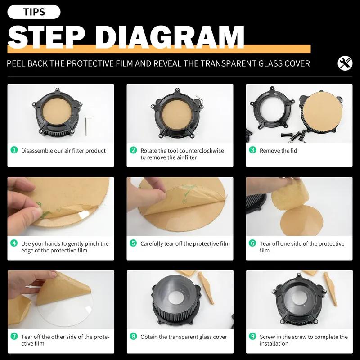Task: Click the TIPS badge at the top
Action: [34, 12]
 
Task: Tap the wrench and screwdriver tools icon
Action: [345, 63]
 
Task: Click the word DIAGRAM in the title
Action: [170, 37]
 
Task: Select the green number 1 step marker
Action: [14, 150]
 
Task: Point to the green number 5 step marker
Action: [133, 243]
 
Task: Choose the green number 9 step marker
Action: [252, 336]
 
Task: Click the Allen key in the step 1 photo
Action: [88, 126]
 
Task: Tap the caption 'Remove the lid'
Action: [278, 151]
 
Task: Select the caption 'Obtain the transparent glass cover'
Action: [184, 337]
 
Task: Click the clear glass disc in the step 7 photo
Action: [67, 314]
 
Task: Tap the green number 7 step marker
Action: [14, 336]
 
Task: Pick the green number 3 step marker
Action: [252, 150]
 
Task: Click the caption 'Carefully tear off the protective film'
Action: [185, 243]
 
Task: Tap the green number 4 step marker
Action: [14, 243]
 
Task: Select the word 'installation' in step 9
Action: [274, 343]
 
